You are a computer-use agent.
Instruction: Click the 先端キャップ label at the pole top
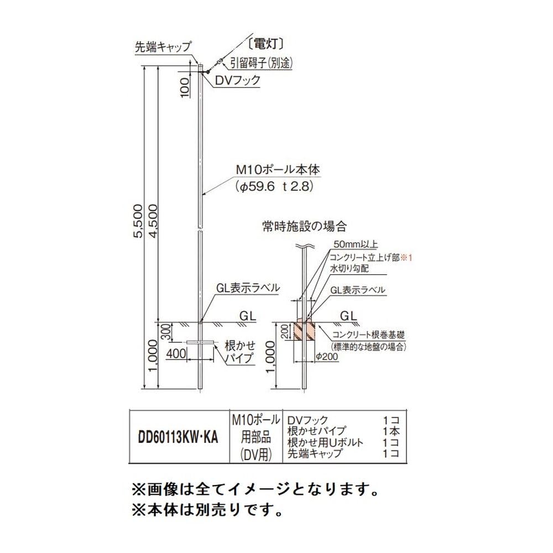163,47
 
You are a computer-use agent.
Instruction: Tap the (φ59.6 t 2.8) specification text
274,187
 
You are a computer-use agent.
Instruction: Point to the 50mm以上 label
354,244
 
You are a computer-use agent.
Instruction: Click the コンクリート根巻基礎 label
369,335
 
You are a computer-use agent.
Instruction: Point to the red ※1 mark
407,257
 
